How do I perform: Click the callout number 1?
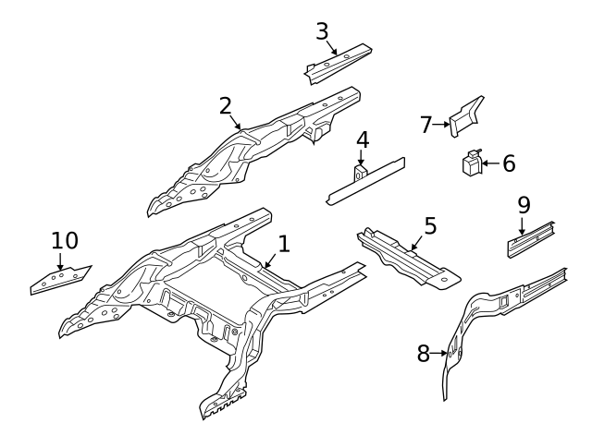[284, 244]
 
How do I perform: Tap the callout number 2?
[225, 106]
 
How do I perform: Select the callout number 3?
[322, 31]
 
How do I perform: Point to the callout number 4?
[363, 140]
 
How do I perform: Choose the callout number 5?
[430, 225]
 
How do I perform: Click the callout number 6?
[509, 163]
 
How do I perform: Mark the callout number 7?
[425, 125]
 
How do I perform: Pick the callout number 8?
[423, 353]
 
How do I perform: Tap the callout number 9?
[524, 204]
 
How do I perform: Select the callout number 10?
[64, 241]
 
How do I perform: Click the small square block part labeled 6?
[472, 163]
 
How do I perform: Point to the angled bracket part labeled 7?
[467, 115]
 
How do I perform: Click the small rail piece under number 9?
[530, 239]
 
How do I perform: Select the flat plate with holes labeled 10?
[59, 279]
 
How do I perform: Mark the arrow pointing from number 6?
[490, 163]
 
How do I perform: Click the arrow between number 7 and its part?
[442, 124]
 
